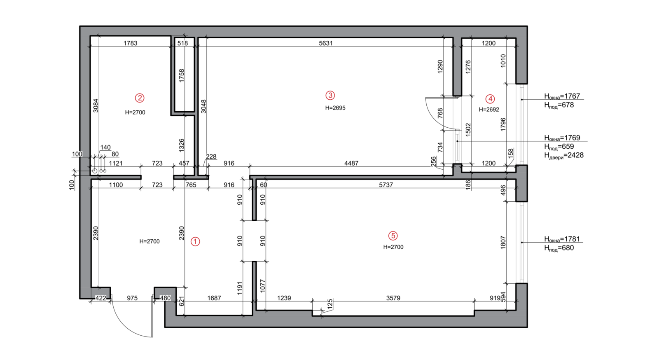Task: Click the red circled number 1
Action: click(x=195, y=241)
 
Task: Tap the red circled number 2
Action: click(x=140, y=98)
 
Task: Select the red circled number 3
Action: click(x=330, y=95)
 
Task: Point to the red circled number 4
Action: click(x=490, y=99)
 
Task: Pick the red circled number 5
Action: click(x=393, y=236)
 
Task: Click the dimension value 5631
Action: click(x=326, y=43)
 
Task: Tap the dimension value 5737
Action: click(x=386, y=185)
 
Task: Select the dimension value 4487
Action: click(x=351, y=163)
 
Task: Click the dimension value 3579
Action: click(x=393, y=298)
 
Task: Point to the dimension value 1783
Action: click(x=130, y=43)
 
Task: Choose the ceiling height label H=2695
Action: click(x=335, y=108)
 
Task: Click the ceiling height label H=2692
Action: click(x=489, y=110)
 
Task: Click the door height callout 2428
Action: click(x=575, y=155)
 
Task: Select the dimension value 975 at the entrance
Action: click(x=132, y=298)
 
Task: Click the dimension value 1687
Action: click(x=214, y=298)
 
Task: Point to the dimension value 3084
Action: click(x=96, y=106)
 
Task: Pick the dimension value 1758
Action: click(x=182, y=76)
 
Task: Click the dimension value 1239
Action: click(x=284, y=298)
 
